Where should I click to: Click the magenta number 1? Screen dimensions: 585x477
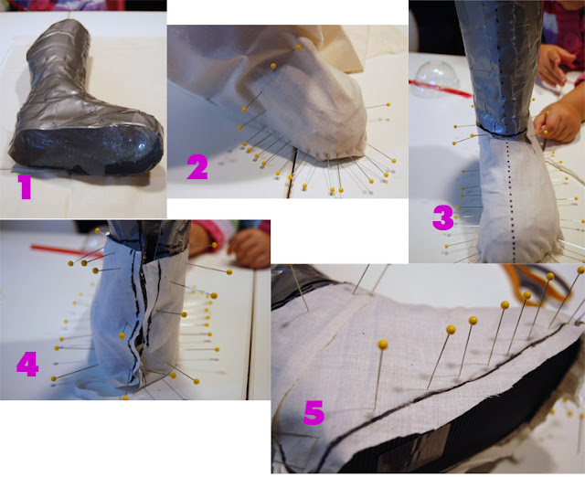tap(26, 187)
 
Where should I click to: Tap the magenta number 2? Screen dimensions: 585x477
tap(197, 167)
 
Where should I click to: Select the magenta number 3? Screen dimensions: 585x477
tap(442, 217)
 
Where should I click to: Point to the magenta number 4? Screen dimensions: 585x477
tap(27, 364)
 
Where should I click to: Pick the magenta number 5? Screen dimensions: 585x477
tap(314, 413)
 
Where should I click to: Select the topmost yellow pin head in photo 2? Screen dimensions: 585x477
tap(298, 48)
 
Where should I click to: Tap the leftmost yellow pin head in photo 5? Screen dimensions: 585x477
tap(382, 344)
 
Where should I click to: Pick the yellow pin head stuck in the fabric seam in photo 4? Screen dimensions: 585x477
tap(122, 335)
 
